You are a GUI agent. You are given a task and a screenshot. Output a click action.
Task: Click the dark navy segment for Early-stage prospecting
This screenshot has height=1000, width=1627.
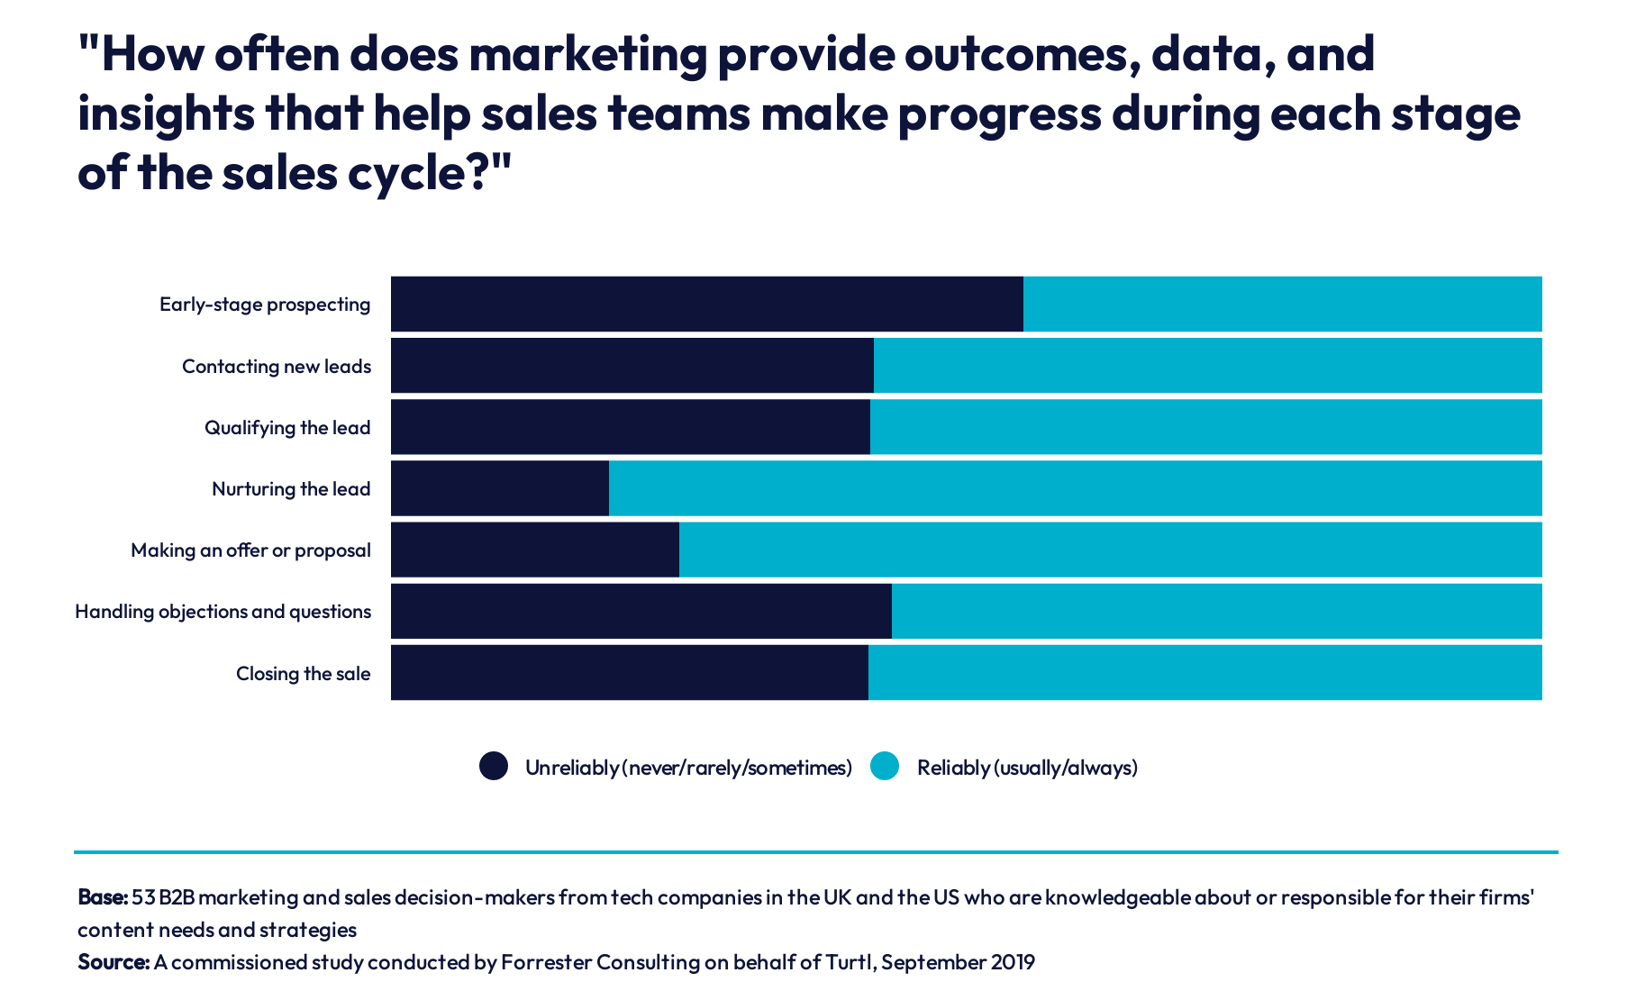[706, 305]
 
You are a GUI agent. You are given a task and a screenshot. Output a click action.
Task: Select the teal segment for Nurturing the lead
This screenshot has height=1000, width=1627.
[1075, 488]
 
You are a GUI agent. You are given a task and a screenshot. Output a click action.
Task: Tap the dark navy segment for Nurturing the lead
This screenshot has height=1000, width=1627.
[500, 488]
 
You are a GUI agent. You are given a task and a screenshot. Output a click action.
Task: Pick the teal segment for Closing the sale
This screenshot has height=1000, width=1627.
[1204, 672]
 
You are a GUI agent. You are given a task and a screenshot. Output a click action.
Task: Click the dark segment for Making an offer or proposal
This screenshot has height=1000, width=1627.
[534, 550]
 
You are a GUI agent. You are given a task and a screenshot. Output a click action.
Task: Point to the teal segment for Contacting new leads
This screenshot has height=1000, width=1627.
[1207, 366]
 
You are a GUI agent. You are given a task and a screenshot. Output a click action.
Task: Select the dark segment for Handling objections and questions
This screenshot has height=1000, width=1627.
[641, 611]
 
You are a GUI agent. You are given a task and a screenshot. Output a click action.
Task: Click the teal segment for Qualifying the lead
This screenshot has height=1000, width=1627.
[1205, 427]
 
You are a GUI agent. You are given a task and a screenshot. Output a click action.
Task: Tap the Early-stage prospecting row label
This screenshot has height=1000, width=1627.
[265, 305]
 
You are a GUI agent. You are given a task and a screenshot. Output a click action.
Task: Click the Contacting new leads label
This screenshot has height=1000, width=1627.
[277, 367]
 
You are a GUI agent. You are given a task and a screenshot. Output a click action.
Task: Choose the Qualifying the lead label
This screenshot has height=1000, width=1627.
[287, 428]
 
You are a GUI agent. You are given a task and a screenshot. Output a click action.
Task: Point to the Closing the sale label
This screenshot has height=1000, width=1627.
[303, 674]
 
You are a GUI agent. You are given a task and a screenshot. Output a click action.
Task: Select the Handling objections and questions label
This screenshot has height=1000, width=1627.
[223, 612]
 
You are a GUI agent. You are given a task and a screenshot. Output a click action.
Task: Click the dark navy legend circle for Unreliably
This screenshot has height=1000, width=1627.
[494, 766]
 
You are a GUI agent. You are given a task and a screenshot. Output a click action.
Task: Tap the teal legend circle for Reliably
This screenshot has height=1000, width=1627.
[885, 766]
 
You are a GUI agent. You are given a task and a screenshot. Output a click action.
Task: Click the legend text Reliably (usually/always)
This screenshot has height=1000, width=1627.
[1027, 768]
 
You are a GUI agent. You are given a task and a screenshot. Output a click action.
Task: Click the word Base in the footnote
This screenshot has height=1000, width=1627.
[102, 897]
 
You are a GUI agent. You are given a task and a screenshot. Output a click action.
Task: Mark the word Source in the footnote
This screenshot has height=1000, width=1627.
[113, 962]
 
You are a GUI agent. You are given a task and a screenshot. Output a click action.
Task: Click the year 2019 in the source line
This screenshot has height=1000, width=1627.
[1013, 962]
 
